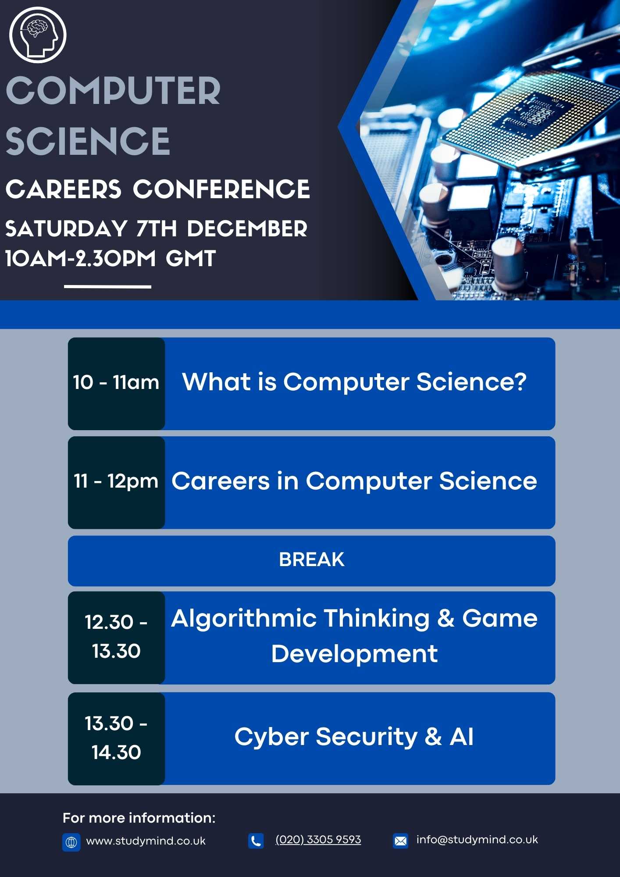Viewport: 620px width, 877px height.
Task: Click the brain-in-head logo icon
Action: [x=38, y=35]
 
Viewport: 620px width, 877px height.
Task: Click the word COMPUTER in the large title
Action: [x=113, y=91]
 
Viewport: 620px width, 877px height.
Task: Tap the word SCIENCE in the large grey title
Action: [x=88, y=141]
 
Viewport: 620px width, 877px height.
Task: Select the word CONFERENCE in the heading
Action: [x=221, y=189]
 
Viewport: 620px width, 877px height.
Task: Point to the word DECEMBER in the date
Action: [x=247, y=228]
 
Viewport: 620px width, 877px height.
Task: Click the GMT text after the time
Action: [x=191, y=258]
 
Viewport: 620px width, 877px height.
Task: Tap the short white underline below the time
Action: [x=107, y=287]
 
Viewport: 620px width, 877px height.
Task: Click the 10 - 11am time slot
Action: [x=116, y=383]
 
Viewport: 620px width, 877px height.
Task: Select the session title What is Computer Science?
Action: [x=354, y=381]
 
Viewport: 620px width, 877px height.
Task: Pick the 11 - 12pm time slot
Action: [x=116, y=482]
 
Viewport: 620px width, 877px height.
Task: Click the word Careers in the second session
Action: [x=221, y=481]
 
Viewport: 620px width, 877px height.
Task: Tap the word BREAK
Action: [x=312, y=560]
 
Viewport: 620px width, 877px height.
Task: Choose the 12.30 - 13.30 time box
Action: [x=116, y=638]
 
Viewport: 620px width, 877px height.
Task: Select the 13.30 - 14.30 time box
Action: [x=116, y=738]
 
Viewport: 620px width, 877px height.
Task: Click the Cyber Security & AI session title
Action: [x=354, y=737]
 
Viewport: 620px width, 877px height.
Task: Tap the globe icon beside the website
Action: [x=71, y=842]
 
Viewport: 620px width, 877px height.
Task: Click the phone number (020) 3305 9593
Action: [x=318, y=840]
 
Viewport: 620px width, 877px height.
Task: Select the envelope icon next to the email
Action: [x=400, y=841]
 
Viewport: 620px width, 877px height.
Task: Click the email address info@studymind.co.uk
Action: [x=477, y=840]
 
